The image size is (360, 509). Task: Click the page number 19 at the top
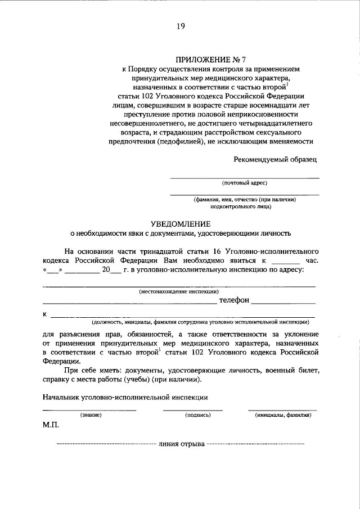[x=180, y=25]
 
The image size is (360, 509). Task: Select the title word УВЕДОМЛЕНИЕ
[x=180, y=223]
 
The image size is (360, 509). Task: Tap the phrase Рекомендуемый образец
[x=276, y=159]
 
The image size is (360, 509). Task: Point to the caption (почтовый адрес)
[x=244, y=183]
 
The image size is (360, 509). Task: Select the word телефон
[x=234, y=301]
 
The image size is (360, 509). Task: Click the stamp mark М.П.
[x=50, y=426]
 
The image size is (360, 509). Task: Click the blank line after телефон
[x=283, y=303]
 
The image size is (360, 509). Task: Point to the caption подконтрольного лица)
[x=244, y=206]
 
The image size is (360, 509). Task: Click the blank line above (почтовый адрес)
[x=244, y=178]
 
